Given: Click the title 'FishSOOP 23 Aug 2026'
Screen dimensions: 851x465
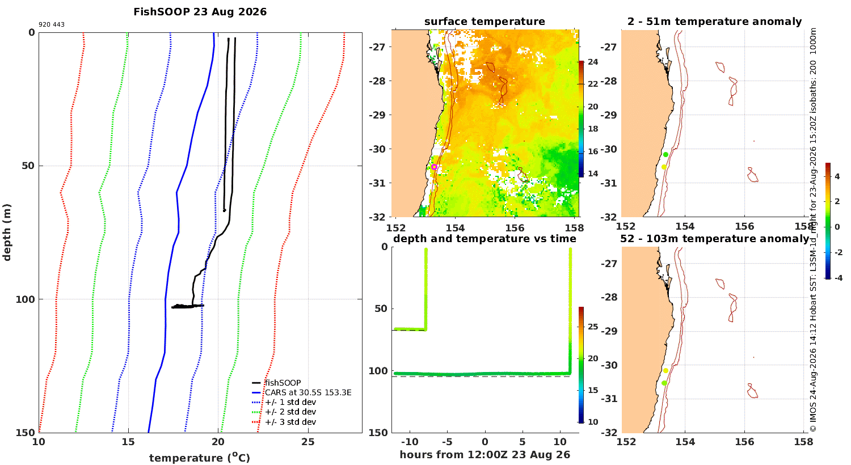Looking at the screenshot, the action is tap(200, 12).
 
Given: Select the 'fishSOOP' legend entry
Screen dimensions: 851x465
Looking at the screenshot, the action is tap(283, 383).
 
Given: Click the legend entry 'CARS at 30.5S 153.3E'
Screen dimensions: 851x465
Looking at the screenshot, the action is tap(308, 392).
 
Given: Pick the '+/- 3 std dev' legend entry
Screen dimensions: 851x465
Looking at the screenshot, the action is tap(290, 422).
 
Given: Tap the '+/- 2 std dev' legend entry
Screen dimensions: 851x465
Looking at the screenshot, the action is tap(290, 412).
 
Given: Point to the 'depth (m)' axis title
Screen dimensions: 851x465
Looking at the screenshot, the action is tap(7, 232).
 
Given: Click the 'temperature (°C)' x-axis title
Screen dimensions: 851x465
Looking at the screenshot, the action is tap(200, 458).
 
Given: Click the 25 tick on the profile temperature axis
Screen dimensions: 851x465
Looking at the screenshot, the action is tap(307, 442).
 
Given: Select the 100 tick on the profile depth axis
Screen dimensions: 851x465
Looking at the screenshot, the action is tap(25, 299).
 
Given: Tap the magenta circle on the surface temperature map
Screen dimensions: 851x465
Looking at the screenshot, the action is tap(434, 167).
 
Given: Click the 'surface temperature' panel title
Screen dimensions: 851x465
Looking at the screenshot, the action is tap(485, 22).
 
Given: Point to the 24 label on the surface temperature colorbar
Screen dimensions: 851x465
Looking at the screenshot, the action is tap(593, 62).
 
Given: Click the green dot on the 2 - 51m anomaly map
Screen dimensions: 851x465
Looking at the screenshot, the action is tap(665, 154).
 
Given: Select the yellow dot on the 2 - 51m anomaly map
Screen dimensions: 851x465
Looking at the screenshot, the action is tap(664, 167).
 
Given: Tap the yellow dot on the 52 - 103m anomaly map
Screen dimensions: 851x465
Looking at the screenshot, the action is tap(665, 370).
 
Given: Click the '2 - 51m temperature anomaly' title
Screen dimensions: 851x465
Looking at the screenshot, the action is tap(715, 22).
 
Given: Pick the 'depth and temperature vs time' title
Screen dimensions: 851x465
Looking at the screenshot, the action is tap(485, 238).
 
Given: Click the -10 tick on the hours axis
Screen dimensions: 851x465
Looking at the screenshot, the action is tap(410, 442).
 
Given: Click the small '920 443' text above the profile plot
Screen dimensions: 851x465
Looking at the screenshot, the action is tap(52, 25).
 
